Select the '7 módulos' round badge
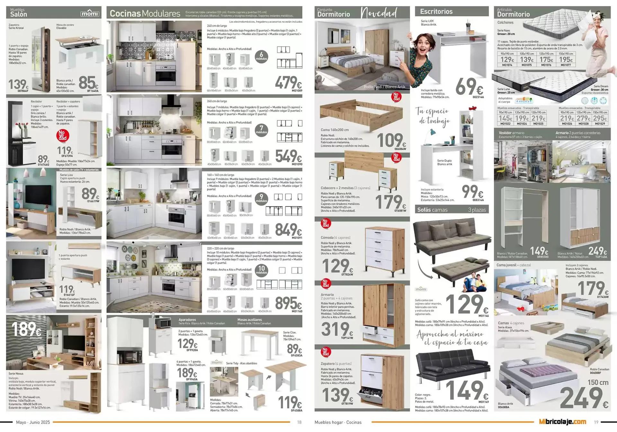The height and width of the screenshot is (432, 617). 261,130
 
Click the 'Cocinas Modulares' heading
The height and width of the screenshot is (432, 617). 145,14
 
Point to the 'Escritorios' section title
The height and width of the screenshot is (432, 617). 436,12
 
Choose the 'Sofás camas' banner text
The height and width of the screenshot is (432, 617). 432,210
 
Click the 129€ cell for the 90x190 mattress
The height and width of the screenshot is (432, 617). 507,60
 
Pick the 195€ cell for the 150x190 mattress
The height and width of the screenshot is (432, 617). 566,60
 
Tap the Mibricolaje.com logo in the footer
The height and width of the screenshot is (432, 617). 562,422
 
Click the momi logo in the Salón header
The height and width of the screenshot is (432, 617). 90,14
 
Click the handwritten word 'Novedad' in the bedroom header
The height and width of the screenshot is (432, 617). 379,13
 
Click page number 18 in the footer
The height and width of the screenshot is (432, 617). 299,422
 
